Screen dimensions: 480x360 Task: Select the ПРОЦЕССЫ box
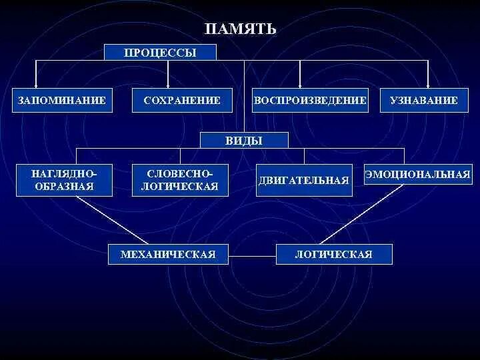[160, 53]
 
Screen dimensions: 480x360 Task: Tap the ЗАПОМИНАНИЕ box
[62, 101]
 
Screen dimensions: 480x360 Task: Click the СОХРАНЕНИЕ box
[181, 101]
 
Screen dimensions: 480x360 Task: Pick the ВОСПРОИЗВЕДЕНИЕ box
[310, 101]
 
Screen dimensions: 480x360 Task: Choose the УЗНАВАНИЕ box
[423, 101]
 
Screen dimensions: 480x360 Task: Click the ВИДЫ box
[244, 140]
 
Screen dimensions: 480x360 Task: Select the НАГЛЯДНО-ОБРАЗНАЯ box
[63, 180]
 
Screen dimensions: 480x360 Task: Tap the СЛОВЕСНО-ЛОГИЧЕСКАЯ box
[180, 180]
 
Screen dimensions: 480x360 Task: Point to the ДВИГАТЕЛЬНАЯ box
[304, 181]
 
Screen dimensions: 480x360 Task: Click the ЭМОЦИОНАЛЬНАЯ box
[417, 175]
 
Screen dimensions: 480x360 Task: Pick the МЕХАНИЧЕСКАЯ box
[168, 255]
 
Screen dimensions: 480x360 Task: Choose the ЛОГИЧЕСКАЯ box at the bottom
[333, 255]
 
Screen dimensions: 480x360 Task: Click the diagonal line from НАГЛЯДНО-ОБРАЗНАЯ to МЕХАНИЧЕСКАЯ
[113, 220]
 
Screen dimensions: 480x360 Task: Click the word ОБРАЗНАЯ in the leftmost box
[63, 187]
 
